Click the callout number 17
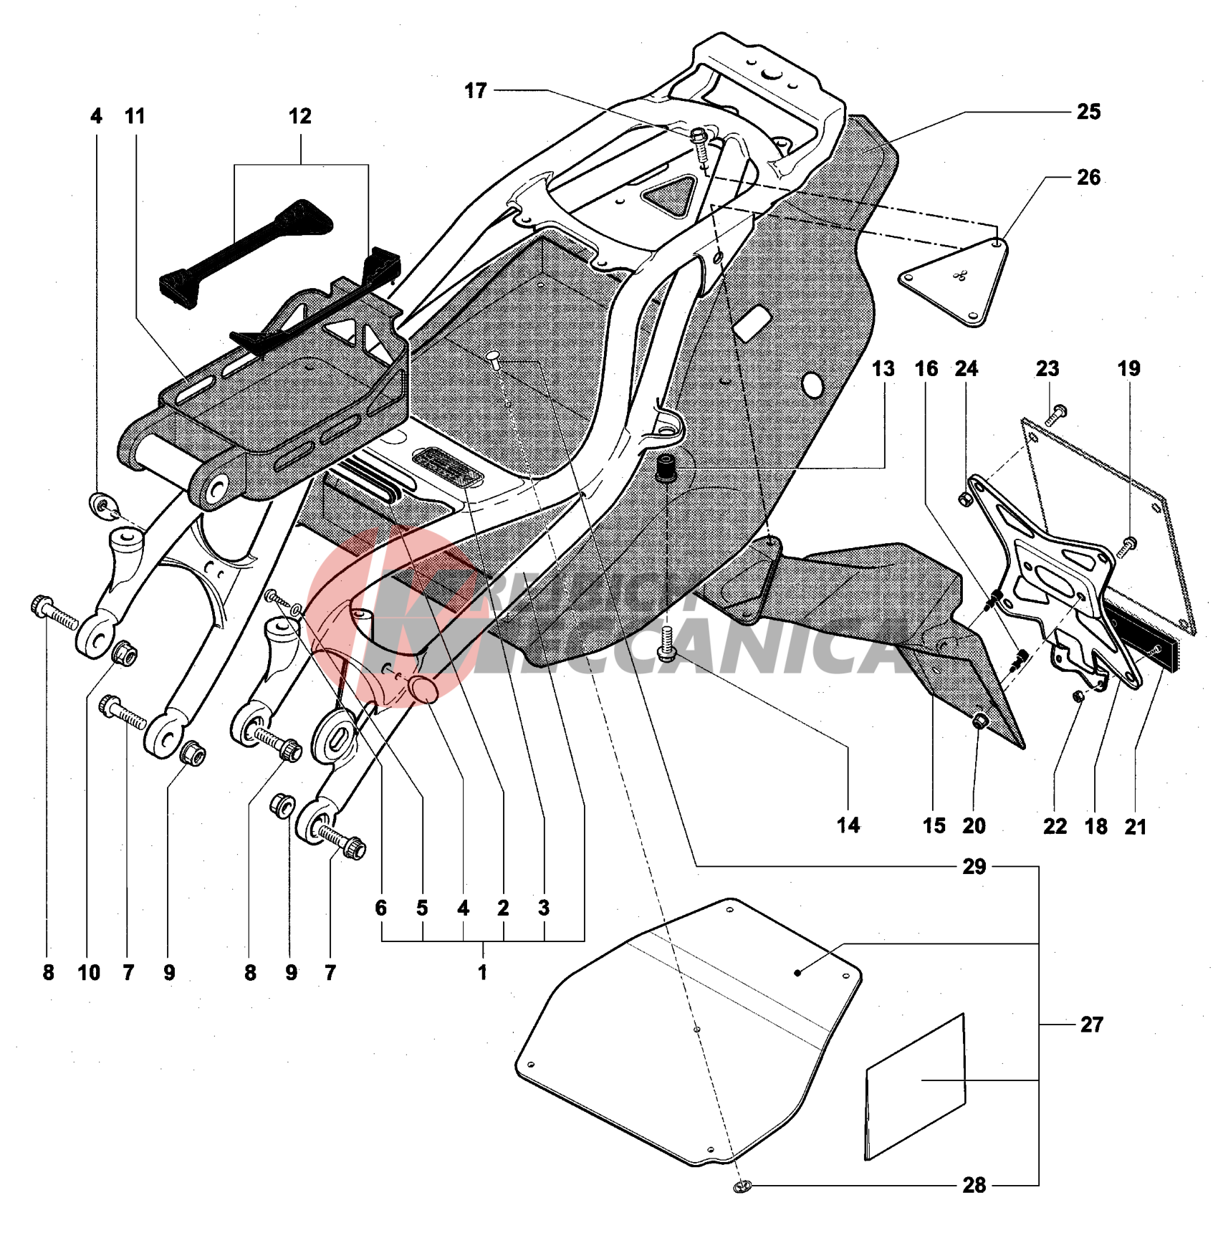(x=475, y=91)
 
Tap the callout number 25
(x=1088, y=112)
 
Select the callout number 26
(x=1088, y=178)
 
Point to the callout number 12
(x=299, y=116)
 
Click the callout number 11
(x=135, y=116)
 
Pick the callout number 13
(x=883, y=369)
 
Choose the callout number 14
(x=848, y=825)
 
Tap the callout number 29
(x=974, y=867)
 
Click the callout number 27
(x=1091, y=1025)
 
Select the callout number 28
(x=974, y=1185)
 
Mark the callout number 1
(x=482, y=972)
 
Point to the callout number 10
(x=89, y=972)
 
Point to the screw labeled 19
(x=1127, y=544)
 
